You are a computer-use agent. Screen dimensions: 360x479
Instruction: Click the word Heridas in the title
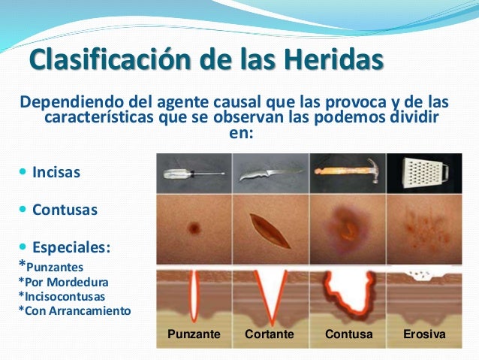tap(325, 59)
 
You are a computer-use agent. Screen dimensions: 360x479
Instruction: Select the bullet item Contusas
tap(65, 210)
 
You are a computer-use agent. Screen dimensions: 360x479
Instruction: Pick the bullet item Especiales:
tap(72, 247)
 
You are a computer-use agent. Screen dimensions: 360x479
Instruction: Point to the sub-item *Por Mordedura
tap(63, 281)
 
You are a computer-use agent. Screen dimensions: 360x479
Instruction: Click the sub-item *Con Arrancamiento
tap(74, 310)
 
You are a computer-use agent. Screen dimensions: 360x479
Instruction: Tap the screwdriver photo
tap(194, 174)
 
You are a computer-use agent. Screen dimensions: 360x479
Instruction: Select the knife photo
tap(270, 174)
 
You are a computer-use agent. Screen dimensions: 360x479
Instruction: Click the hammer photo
tap(348, 173)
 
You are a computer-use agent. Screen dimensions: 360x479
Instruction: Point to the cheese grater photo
tap(424, 173)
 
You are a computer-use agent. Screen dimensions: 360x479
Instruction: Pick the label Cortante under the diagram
tap(270, 334)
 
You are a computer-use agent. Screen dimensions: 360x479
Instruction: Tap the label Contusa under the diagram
tap(348, 334)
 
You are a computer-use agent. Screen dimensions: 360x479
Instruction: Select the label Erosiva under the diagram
tap(424, 334)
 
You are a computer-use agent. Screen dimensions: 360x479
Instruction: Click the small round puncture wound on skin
tap(194, 227)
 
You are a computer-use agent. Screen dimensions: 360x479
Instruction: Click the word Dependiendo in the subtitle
tap(70, 101)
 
